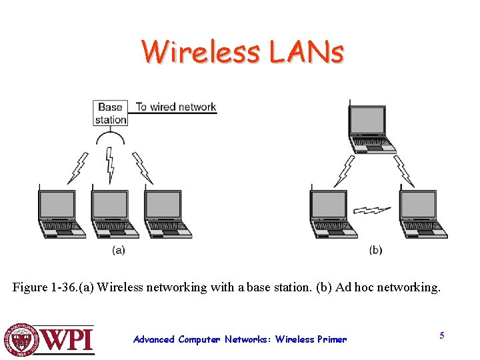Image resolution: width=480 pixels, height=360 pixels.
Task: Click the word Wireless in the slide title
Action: [x=201, y=51]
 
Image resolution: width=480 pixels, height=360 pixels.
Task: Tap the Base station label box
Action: [x=110, y=113]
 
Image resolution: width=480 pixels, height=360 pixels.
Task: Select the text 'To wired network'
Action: [x=176, y=107]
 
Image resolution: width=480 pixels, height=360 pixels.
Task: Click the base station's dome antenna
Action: [x=111, y=138]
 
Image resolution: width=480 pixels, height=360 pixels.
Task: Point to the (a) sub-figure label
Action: [x=118, y=250]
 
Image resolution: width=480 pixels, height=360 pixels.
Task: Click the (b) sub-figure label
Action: [x=375, y=250]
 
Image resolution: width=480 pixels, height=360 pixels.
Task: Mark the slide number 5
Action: [x=441, y=335]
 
